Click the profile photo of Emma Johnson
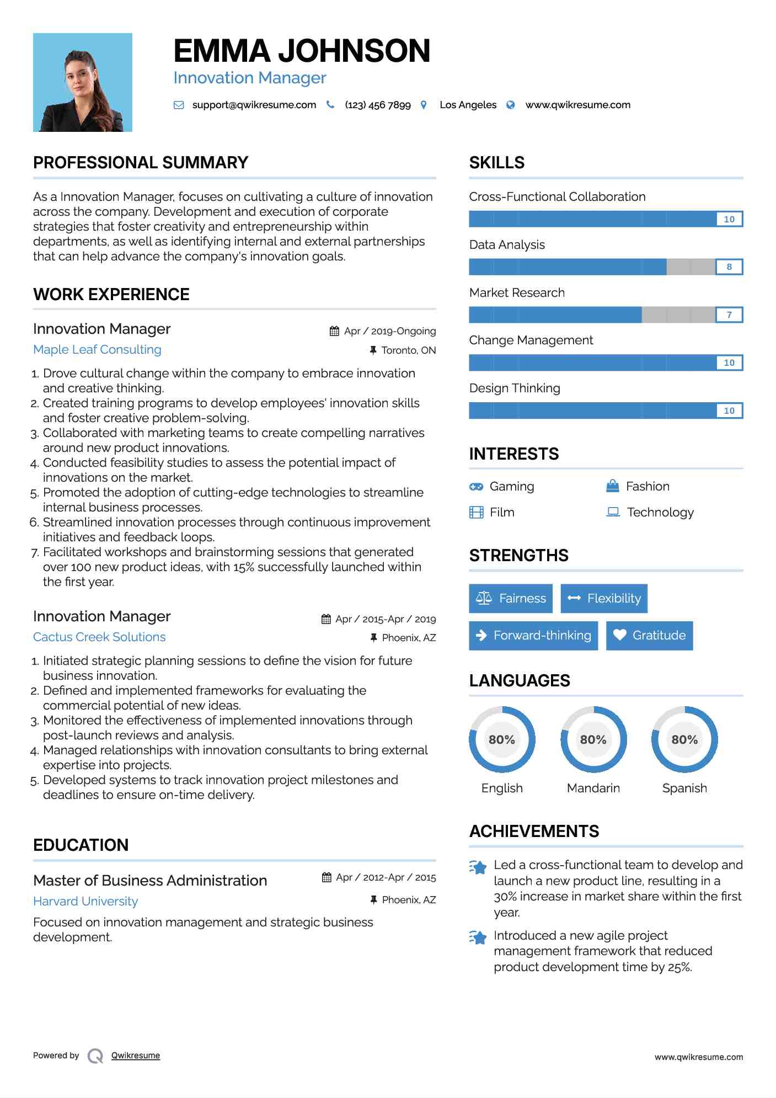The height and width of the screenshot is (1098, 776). point(83,83)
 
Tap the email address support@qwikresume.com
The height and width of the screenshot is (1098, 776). point(254,105)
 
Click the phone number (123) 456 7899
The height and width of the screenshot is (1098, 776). point(378,105)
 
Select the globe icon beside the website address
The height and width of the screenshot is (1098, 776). point(511,105)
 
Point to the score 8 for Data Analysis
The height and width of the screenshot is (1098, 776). point(729,267)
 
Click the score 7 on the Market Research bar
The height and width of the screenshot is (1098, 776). point(729,315)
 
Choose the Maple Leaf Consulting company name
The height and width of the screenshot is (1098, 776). point(97,350)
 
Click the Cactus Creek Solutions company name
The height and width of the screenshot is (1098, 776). point(99,637)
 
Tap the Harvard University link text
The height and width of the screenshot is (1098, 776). point(85,902)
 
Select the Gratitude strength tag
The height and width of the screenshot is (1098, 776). point(649,636)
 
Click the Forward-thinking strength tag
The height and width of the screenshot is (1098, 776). point(533,636)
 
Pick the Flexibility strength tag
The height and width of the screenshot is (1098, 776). point(604,599)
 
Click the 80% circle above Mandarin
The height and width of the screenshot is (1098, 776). point(593,739)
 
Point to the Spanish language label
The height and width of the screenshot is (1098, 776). point(684,788)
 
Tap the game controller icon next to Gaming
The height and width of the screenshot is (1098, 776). point(476,487)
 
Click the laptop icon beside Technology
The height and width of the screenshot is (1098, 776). point(613,512)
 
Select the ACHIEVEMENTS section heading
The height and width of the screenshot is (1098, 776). point(534,832)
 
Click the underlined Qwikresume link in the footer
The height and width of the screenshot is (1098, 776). point(136,1056)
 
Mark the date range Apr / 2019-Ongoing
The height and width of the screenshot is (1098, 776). point(390,331)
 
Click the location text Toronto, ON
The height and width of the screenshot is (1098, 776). point(408,350)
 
